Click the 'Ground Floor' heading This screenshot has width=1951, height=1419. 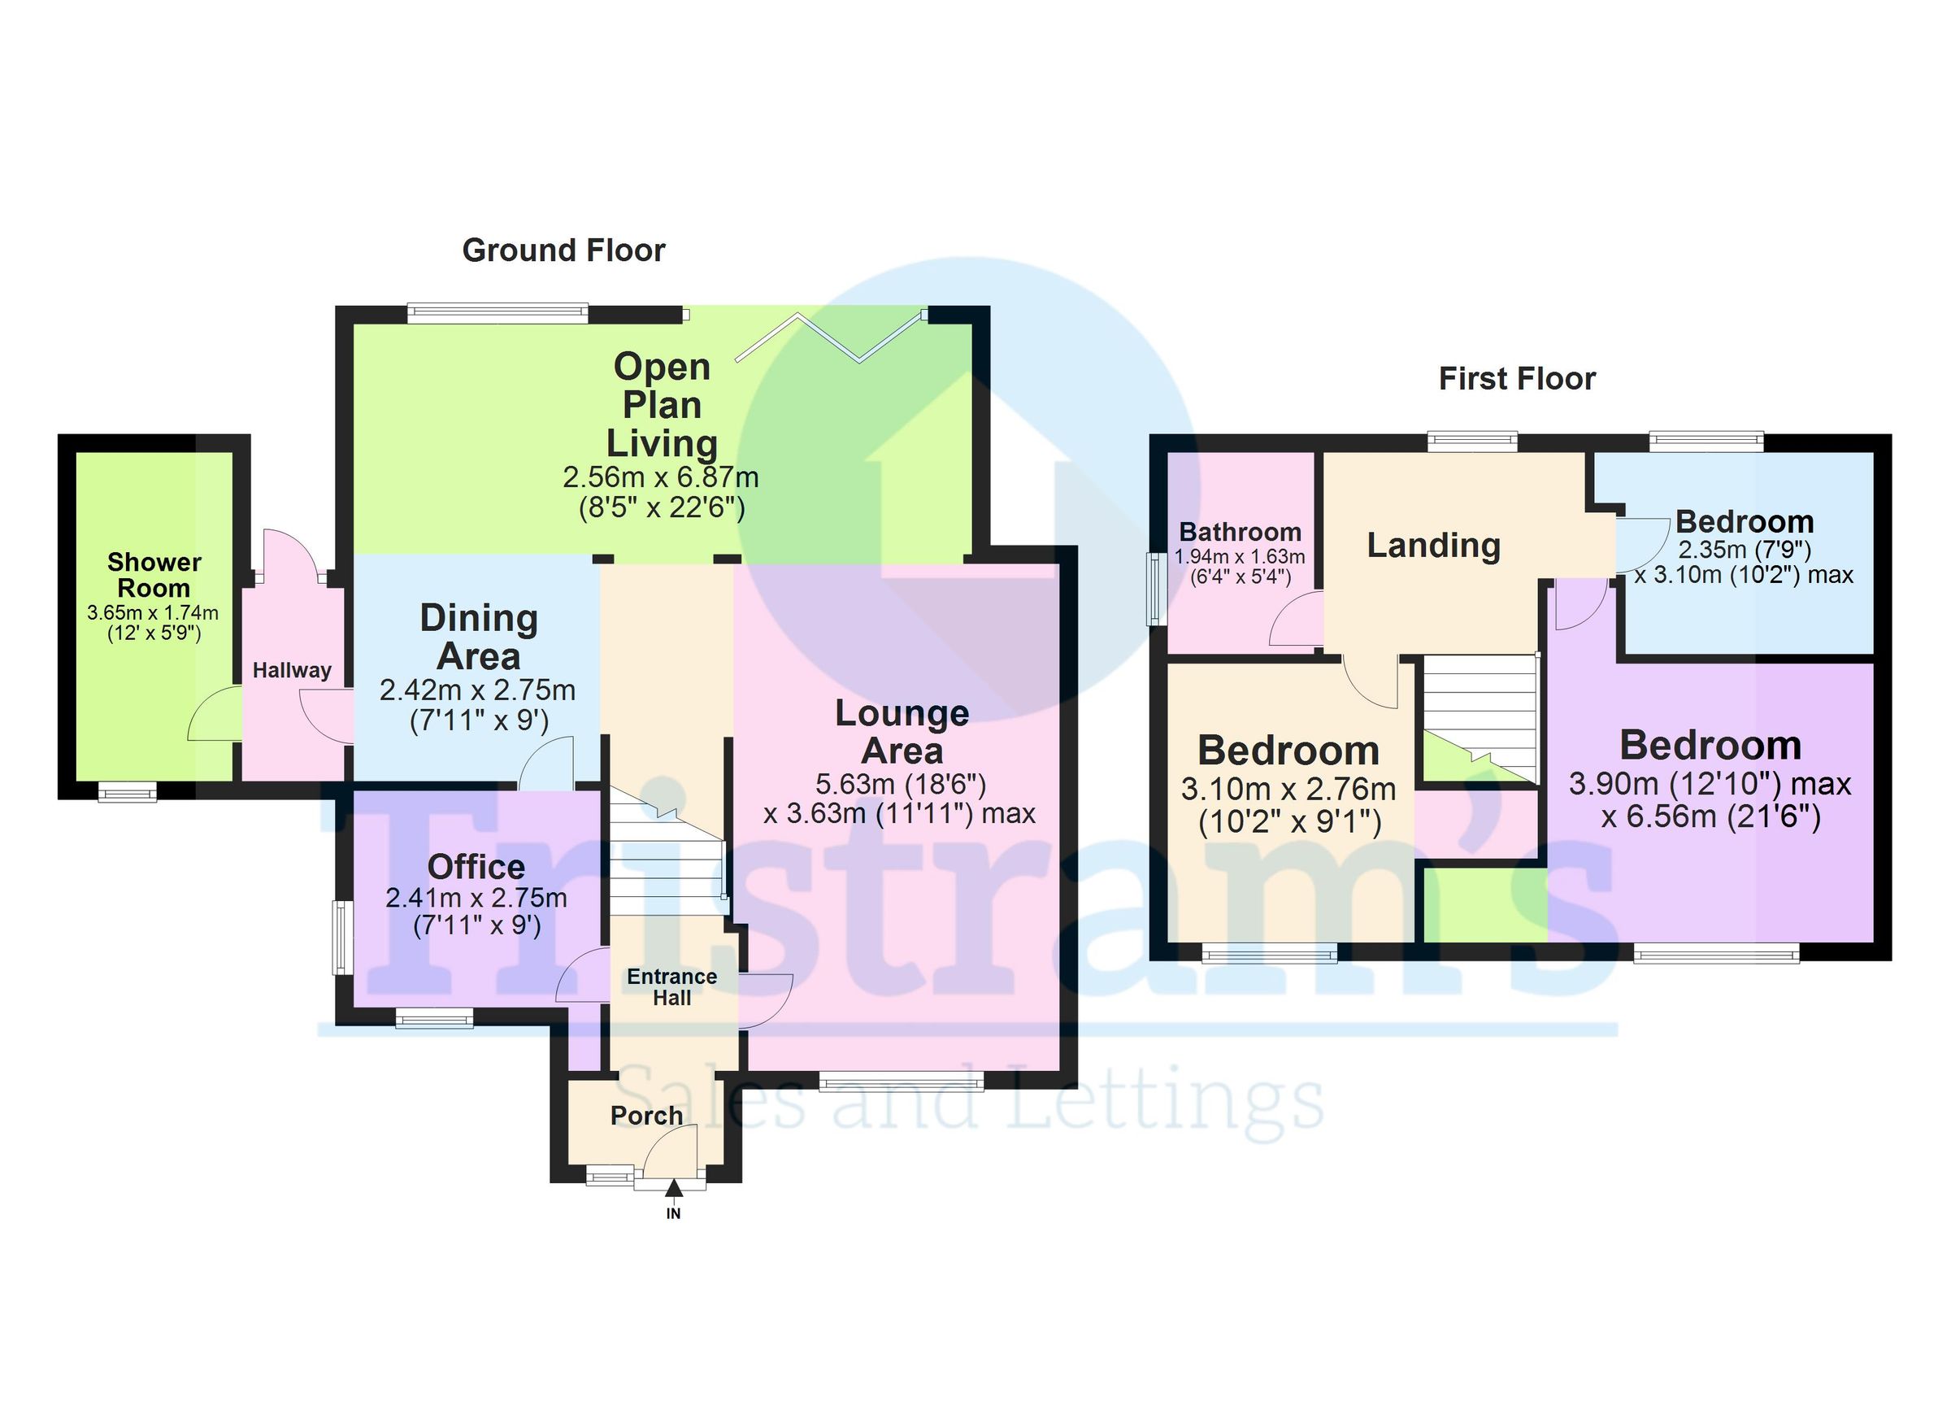click(563, 250)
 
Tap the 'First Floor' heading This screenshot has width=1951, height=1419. click(1517, 379)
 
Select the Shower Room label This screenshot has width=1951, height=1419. click(154, 575)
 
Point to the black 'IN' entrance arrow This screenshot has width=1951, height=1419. click(674, 1190)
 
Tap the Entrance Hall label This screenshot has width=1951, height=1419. click(671, 987)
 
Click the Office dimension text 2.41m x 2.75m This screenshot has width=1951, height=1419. click(476, 899)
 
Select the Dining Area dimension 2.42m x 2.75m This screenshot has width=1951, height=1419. click(477, 690)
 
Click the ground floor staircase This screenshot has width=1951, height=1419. click(666, 852)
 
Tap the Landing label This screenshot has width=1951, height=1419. click(1433, 546)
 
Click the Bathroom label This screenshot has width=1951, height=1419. click(1240, 532)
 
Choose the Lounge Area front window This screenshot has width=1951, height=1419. click(900, 1081)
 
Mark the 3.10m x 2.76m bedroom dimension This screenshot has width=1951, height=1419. click(1288, 789)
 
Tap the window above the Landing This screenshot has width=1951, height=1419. click(1472, 442)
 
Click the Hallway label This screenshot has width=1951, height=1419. click(292, 670)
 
